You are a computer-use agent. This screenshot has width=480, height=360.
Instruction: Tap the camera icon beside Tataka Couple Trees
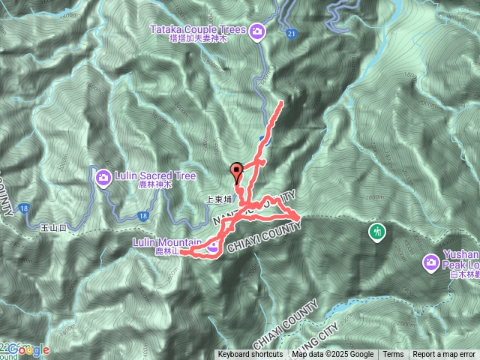point(257,31)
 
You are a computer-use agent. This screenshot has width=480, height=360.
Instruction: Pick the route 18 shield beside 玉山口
point(25,208)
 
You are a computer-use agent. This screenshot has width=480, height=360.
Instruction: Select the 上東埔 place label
point(219,201)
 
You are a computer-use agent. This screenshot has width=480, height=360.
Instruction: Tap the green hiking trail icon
point(378,231)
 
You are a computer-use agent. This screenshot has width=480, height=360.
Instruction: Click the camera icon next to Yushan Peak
point(430,262)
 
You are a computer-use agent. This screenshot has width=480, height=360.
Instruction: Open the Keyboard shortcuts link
point(250,355)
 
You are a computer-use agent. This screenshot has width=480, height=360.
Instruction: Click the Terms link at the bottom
point(393,355)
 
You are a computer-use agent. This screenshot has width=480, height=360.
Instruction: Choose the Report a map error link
point(444,355)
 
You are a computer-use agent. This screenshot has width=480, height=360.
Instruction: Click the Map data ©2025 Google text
point(333,355)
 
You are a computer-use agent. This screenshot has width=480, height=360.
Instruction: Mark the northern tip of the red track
point(282,102)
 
